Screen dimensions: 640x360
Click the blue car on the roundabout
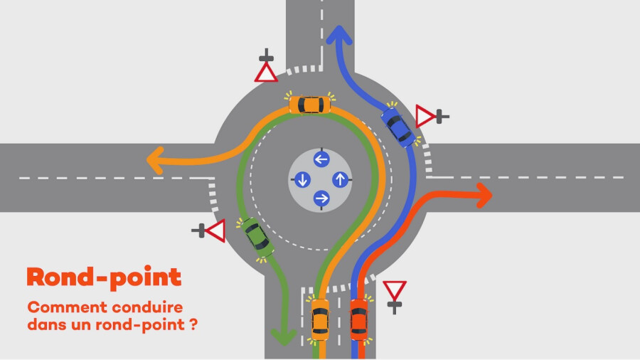[398, 127]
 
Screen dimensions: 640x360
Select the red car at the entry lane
[359, 319]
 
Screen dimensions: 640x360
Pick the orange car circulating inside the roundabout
[310, 105]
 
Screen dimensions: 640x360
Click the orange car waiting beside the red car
[320, 320]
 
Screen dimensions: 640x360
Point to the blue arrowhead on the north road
[338, 35]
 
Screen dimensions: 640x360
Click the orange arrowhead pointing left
[156, 160]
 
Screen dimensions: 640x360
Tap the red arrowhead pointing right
[484, 196]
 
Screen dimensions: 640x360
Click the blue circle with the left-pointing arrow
[321, 159]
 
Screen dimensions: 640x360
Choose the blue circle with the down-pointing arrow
[302, 179]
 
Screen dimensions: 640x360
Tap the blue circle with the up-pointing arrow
[341, 179]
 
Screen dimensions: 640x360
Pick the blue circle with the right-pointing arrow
[321, 198]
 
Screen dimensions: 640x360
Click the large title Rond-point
[104, 277]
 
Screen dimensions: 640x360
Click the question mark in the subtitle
[193, 324]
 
